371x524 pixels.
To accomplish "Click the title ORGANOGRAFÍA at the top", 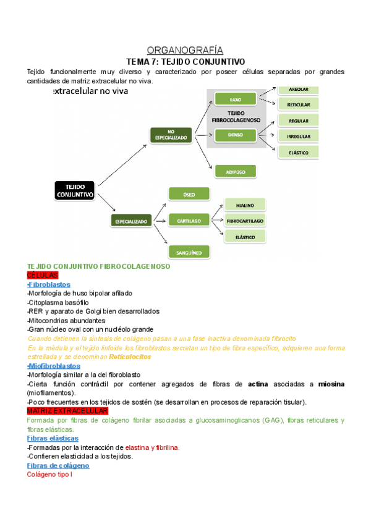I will pos(184,50).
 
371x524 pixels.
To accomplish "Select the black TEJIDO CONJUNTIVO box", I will pos(75,190).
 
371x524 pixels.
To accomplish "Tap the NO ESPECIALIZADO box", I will pos(171,135).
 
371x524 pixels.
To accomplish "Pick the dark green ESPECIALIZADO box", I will pos(131,221).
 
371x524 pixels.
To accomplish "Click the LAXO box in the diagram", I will pos(235,99).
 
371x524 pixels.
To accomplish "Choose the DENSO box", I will pos(235,134).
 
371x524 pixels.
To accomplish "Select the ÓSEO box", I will pos(189,194).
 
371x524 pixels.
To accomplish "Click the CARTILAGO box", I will pos(189,219).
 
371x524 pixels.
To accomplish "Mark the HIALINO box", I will pos(245,205).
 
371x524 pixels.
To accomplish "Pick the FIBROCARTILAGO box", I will pos(245,221).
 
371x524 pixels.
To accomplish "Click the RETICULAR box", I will pos(298,104).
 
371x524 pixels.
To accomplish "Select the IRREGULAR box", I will pos(298,136).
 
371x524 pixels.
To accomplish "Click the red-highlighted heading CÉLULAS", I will pos(42,275).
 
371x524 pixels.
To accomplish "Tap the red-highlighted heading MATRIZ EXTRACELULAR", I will pos(67,411).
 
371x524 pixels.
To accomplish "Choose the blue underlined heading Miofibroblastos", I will pos(54,366).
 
